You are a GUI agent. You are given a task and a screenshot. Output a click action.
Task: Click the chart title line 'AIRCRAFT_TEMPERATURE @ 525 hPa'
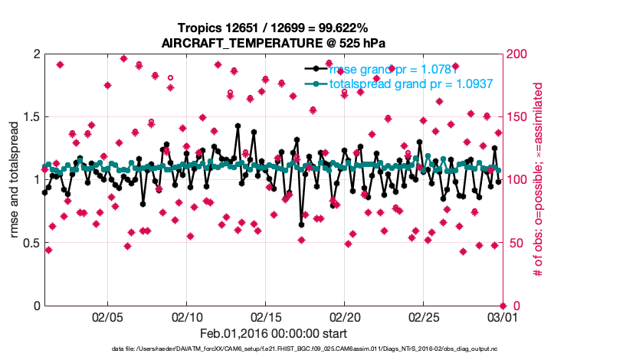[x=274, y=43]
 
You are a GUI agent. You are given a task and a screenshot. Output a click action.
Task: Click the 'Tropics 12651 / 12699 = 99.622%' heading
[x=274, y=28]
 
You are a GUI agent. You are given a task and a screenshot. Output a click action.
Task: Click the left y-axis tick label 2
[x=35, y=54]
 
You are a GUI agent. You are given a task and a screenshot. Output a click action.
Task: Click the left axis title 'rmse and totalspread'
[x=15, y=180]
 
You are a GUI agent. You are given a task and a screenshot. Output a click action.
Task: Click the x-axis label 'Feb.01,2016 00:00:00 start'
[x=274, y=333]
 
